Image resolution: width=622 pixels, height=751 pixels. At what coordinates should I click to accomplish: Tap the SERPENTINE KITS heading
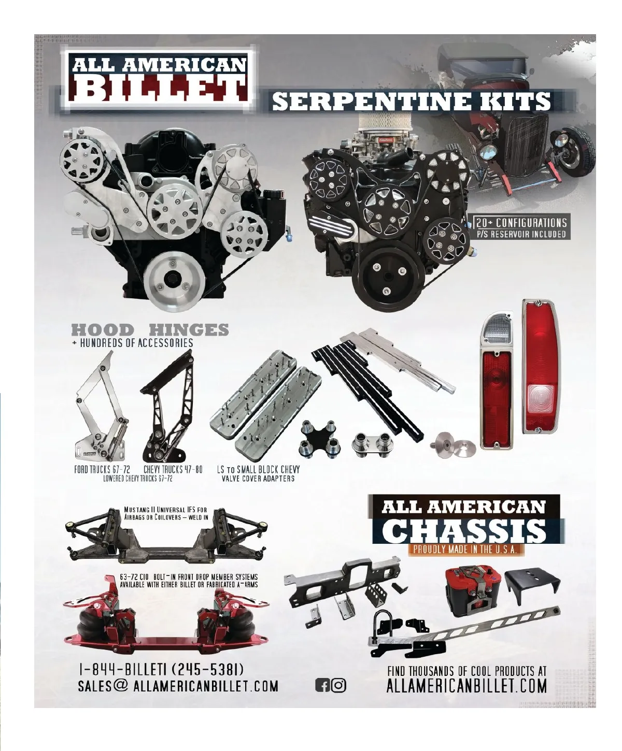coord(412,102)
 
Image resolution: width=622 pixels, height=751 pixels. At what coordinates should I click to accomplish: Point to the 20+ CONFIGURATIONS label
coord(521,222)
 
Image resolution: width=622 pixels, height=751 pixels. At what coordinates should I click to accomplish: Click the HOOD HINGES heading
coord(150,329)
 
